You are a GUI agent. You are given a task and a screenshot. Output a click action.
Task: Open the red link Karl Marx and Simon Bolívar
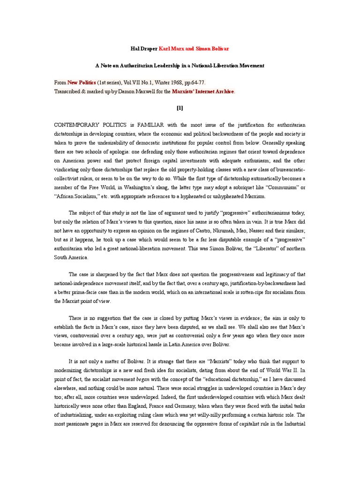click(194, 49)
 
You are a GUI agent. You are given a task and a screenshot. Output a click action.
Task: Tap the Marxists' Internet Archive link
click(202, 91)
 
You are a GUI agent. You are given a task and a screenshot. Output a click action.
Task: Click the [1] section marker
click(180, 107)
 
